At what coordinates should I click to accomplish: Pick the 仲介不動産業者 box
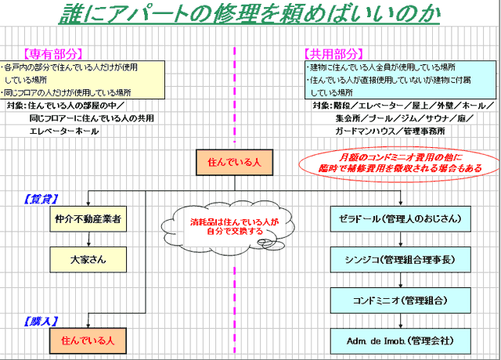tap(87, 220)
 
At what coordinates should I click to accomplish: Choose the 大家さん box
tap(87, 259)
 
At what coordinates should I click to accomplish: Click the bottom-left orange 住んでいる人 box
tap(87, 341)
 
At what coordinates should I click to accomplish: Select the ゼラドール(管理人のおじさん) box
tap(400, 220)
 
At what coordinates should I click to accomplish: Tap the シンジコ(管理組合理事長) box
tap(400, 259)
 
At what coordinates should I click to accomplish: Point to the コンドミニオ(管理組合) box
tap(400, 300)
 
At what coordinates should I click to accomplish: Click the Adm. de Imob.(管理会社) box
tap(400, 341)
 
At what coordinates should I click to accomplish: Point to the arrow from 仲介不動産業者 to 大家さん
tap(87, 239)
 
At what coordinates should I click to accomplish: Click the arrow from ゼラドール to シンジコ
tap(400, 239)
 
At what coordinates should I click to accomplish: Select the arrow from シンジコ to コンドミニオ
tap(400, 279)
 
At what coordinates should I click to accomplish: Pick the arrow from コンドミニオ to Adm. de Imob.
tap(400, 321)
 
